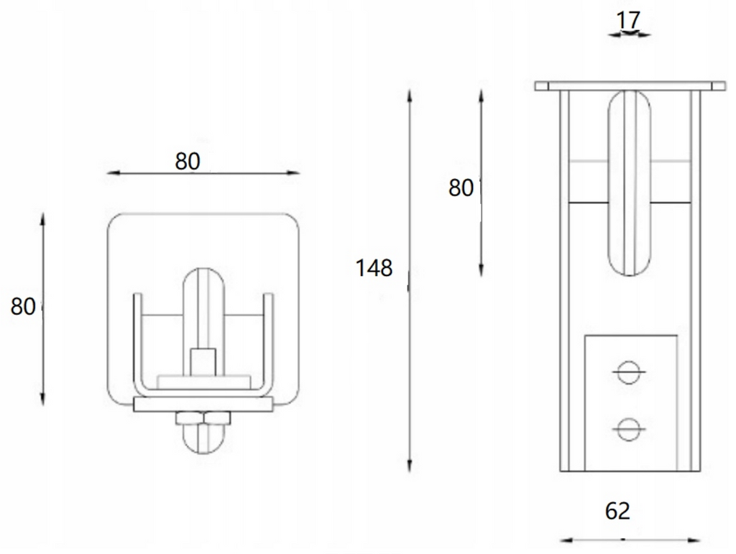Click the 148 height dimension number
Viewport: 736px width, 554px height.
click(x=374, y=269)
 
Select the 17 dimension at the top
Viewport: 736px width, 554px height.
click(x=628, y=20)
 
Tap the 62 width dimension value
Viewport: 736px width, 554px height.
click(x=617, y=511)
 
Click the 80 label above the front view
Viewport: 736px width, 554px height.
click(x=188, y=162)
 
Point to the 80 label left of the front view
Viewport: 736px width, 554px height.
click(x=23, y=307)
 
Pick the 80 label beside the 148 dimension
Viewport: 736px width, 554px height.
click(x=461, y=188)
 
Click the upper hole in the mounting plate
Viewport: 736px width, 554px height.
click(x=627, y=372)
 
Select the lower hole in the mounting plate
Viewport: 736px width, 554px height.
click(x=627, y=429)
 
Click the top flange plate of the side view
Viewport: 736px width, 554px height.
click(x=630, y=86)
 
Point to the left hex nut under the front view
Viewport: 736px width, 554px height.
click(x=188, y=418)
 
